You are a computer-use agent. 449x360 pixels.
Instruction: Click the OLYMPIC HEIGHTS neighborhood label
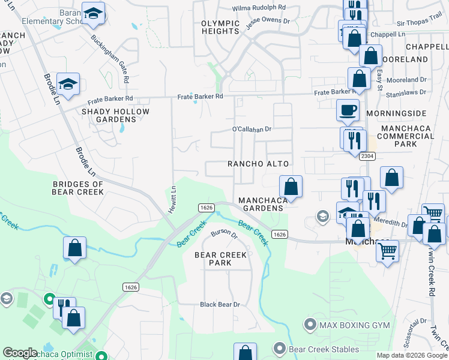(220, 28)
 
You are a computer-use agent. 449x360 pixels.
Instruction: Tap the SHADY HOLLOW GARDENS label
(116, 115)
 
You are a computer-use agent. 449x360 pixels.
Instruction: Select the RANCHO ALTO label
(258, 164)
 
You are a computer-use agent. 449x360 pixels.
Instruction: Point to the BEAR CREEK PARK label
(221, 259)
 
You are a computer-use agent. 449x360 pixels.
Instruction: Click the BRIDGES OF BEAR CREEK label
(79, 187)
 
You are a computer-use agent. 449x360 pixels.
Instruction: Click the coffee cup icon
(348, 110)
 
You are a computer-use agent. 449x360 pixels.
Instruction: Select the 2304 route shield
(368, 156)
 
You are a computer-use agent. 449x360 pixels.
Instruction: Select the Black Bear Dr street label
(220, 305)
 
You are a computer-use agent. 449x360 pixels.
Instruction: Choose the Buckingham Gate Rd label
(110, 58)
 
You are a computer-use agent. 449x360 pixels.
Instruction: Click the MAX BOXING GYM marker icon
(310, 325)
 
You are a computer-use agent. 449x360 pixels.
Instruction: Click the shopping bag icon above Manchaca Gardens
(291, 186)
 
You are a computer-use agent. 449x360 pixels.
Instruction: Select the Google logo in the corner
(20, 353)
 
